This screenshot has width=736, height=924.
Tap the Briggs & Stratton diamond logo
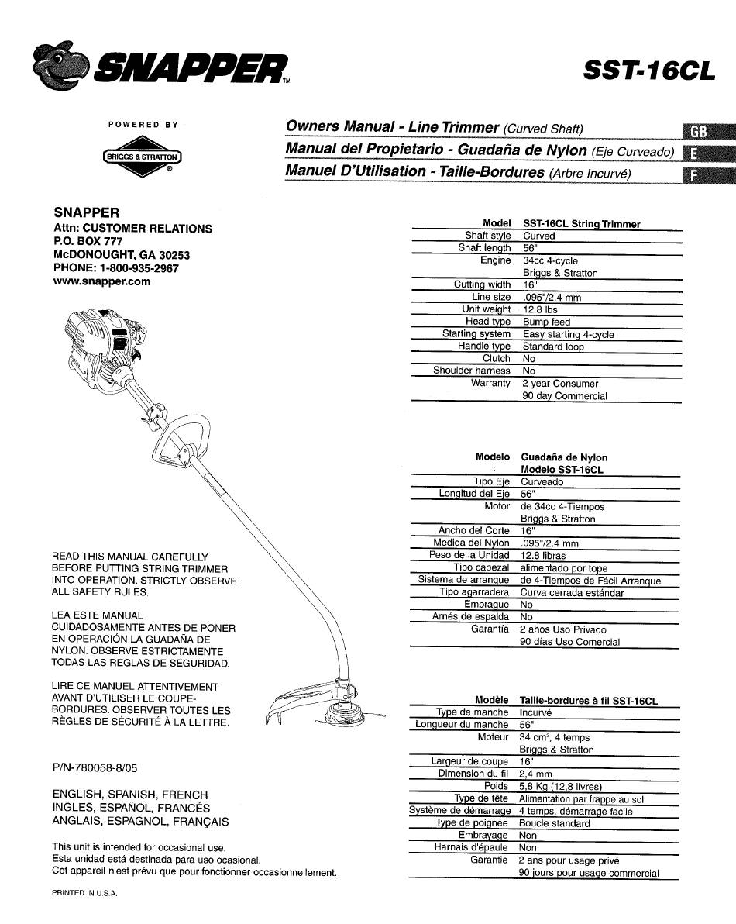tap(142, 157)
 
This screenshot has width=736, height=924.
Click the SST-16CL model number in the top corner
tap(649, 71)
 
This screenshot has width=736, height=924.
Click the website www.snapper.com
tap(101, 281)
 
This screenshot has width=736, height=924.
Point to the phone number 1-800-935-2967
tap(139, 268)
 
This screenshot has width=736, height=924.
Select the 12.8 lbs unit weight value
tap(540, 309)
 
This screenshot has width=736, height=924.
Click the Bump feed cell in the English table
tap(546, 322)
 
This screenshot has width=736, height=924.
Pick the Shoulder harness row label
tap(472, 371)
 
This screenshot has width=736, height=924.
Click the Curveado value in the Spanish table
tap(542, 482)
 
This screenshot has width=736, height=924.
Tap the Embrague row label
tap(487, 605)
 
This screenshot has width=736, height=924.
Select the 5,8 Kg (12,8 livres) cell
tap(561, 786)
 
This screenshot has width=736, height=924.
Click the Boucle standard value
tap(554, 823)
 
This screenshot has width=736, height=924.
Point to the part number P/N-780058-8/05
tap(95, 768)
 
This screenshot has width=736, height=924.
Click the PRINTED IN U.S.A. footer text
tap(84, 893)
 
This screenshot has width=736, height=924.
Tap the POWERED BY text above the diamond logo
tap(143, 125)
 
